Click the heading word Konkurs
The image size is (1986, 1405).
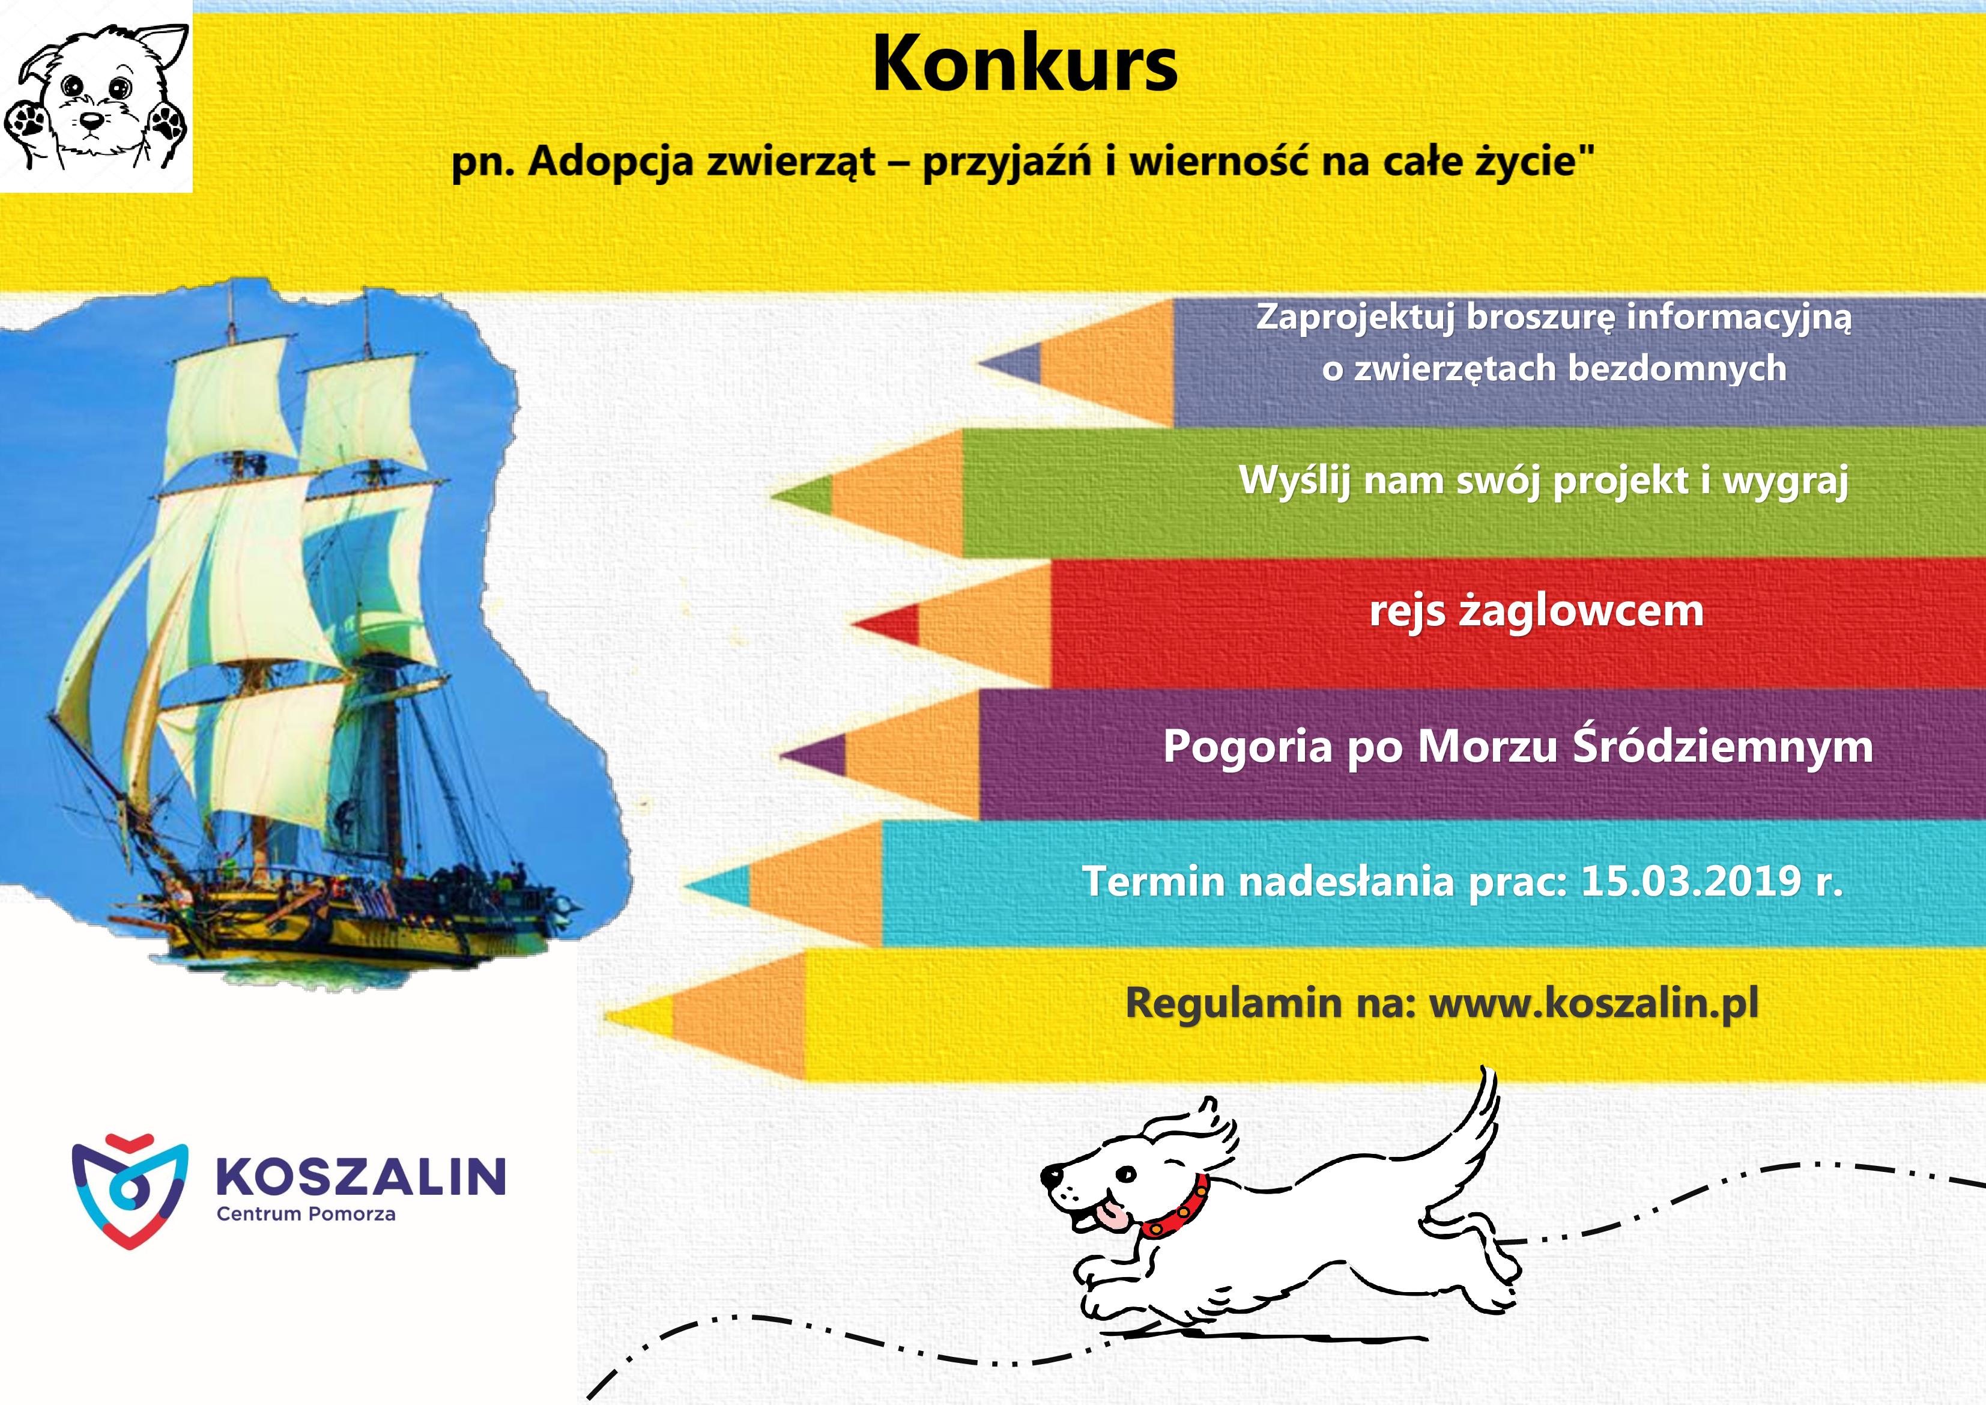tap(1025, 65)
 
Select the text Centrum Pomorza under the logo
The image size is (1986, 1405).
tap(306, 1215)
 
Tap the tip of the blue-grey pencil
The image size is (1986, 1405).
tap(979, 363)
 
